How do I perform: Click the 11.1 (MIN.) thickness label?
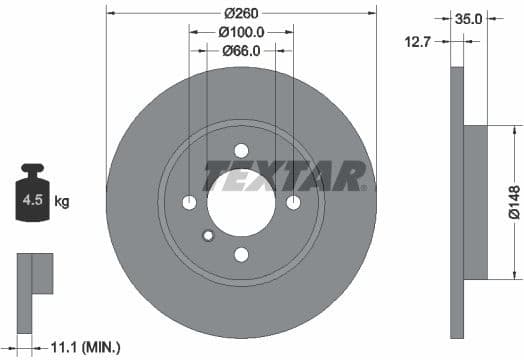84,347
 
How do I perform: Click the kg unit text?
62,202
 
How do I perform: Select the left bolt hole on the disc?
190,204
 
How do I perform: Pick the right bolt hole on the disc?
293,204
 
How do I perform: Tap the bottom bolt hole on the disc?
241,255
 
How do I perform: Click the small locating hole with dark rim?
208,237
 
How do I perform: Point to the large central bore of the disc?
241,200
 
